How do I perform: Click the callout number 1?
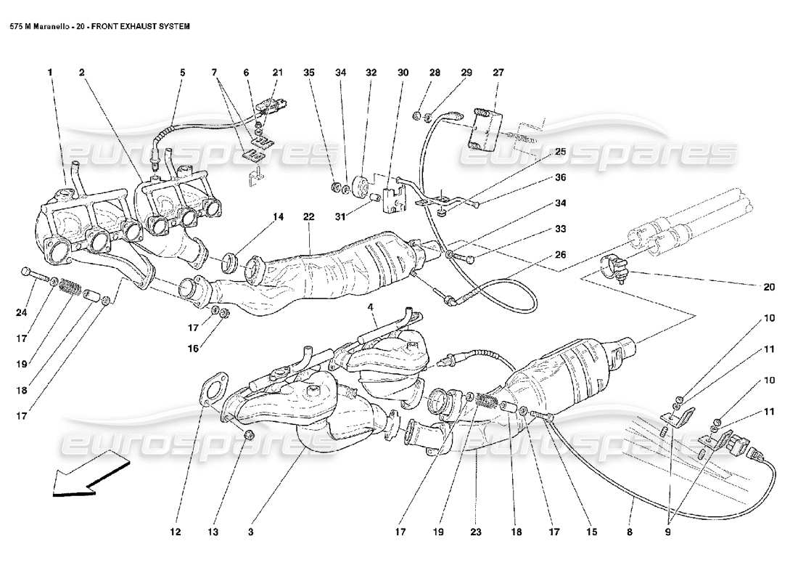coord(51,73)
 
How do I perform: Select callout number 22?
coord(308,217)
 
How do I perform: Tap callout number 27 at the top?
coord(498,73)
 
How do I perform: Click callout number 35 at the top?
coord(309,73)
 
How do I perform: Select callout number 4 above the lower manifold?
coord(371,308)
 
